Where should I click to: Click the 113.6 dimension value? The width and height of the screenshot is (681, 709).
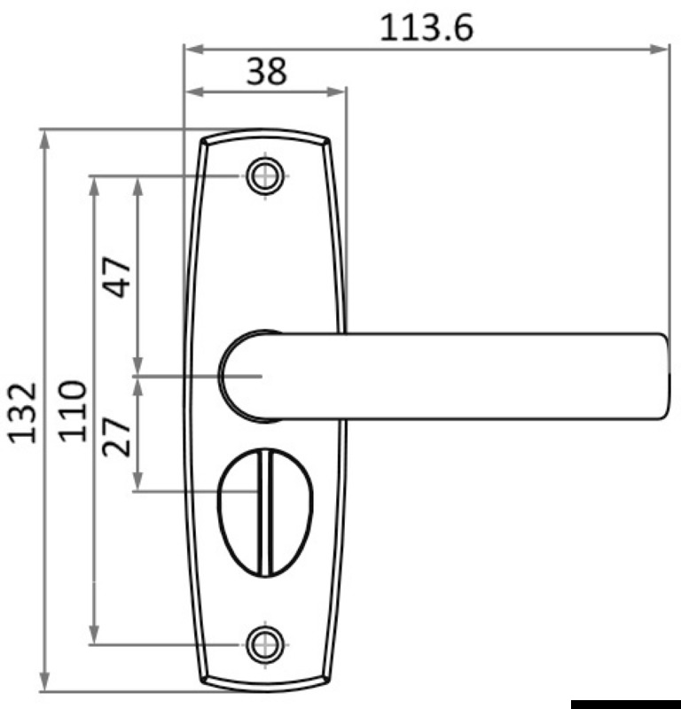click(427, 27)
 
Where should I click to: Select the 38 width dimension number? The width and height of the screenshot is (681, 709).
click(266, 71)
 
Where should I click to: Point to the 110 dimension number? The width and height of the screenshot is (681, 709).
click(74, 410)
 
